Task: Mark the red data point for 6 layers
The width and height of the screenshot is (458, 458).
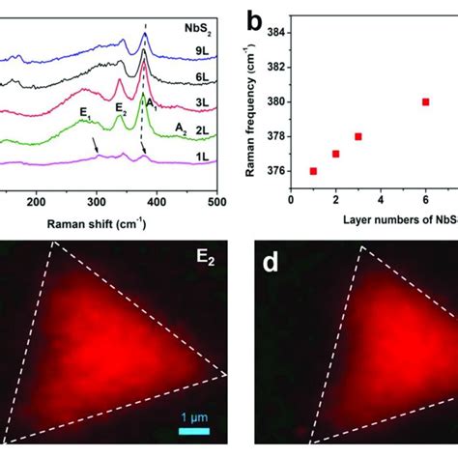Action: coord(425,101)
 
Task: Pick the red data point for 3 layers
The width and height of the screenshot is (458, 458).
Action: coord(358,136)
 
